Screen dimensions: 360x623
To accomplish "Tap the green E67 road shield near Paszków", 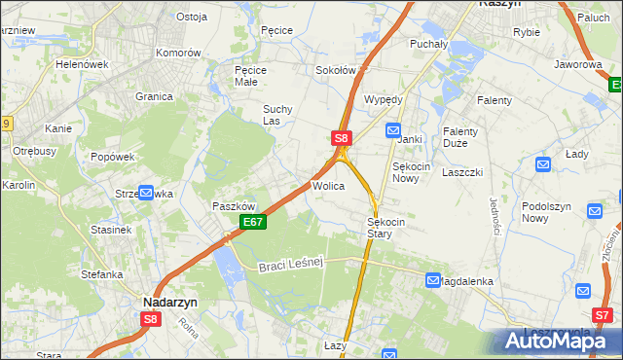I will tap(252, 223).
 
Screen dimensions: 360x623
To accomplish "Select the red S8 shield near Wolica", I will tap(341, 139).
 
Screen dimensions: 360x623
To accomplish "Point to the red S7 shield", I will tap(603, 314).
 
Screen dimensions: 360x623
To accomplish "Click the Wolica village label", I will tap(328, 185).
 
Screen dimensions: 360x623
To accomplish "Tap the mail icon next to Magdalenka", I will tap(433, 280).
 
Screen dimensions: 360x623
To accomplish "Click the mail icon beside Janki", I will tap(392, 129).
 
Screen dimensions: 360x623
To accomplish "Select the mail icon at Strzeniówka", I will tap(146, 193).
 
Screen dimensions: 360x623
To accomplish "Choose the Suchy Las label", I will tap(278, 115).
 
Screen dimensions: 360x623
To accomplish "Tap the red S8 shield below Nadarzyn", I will tap(150, 318).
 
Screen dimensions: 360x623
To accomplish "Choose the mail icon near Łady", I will tap(543, 165).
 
